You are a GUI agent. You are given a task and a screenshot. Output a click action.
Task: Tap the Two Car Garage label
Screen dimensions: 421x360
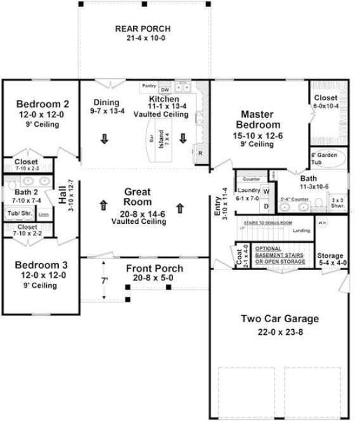point(280,318)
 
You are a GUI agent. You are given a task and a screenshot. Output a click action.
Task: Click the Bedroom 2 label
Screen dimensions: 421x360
point(38,105)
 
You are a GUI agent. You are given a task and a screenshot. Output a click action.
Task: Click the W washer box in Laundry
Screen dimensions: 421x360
point(266,190)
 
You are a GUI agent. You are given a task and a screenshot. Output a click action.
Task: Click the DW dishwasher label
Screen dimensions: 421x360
point(164,89)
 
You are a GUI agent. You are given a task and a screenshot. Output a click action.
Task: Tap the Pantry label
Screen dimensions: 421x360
point(149,85)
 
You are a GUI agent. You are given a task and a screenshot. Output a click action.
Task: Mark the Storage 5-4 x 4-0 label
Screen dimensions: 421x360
point(330,259)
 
